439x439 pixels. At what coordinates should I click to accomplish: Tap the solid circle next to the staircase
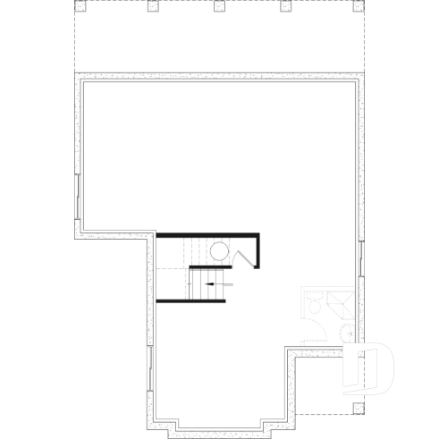click(x=221, y=252)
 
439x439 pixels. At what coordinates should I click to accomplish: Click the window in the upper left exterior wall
click(x=79, y=196)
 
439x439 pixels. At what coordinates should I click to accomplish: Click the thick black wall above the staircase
click(x=208, y=234)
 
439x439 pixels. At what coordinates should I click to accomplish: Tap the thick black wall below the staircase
click(x=191, y=300)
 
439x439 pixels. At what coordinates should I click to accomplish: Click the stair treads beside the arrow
click(x=196, y=283)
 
